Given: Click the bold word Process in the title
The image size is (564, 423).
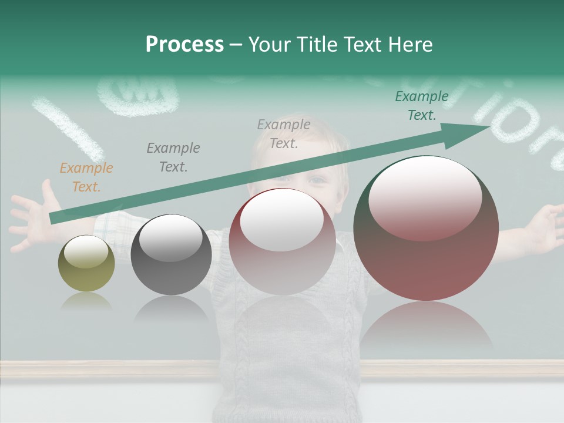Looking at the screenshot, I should click(184, 45).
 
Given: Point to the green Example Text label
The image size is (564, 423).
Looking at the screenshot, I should click(422, 106).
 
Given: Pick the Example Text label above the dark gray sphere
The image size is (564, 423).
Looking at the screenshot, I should click(173, 157).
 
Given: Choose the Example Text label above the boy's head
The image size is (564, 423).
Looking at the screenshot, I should click(284, 133).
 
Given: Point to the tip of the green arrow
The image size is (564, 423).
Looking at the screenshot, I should click(488, 126).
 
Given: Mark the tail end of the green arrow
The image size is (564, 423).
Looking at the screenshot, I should click(52, 219).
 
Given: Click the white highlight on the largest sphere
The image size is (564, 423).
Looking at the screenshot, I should click(425, 197).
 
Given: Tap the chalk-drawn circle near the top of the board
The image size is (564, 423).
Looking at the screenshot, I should click(137, 94).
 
